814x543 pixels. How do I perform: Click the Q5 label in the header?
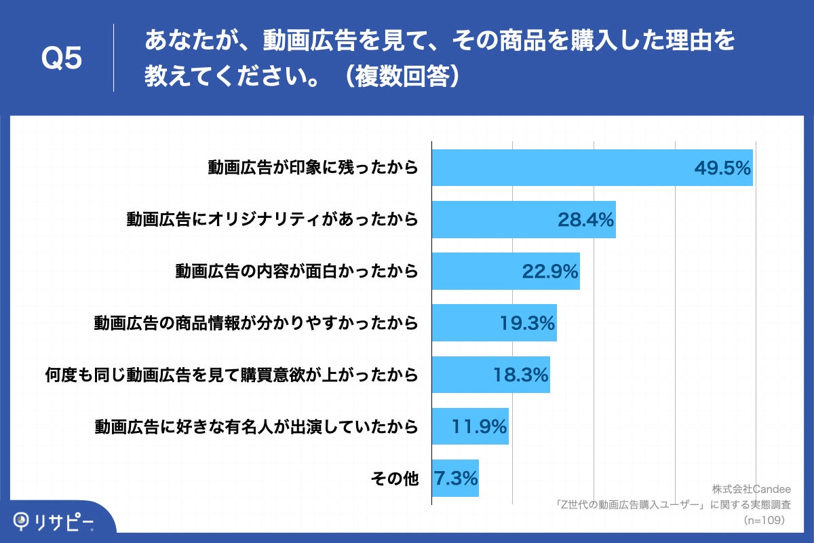[62, 59]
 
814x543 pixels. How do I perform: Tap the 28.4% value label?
[586, 219]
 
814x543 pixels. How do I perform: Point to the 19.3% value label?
[528, 323]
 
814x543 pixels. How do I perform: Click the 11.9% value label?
[479, 427]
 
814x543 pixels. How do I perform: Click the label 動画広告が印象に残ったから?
[313, 168]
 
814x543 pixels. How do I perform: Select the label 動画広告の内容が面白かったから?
[296, 271]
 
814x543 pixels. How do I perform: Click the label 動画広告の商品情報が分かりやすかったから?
[256, 323]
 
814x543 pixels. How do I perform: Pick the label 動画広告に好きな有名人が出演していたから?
[256, 427]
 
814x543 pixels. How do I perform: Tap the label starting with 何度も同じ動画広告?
[231, 375]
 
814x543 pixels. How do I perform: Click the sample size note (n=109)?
[763, 520]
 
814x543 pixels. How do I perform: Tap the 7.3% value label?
[456, 479]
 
